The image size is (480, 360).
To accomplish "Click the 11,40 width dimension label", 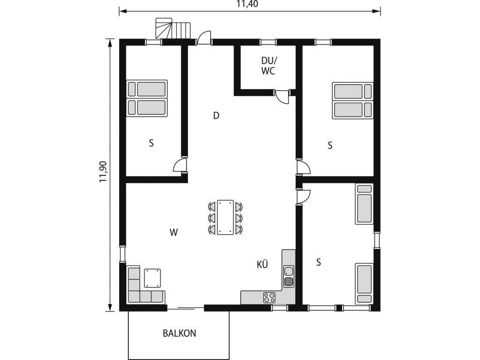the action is coord(249,4).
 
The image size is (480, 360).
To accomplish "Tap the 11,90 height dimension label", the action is coord(103,172).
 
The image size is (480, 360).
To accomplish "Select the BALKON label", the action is coord(180,333).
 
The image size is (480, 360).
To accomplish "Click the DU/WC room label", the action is coord(268,66).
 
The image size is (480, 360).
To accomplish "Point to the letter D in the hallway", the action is coord(217,116).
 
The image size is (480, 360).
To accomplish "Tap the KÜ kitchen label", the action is coord(262,264).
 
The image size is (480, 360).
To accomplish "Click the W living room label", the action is coord(173,232).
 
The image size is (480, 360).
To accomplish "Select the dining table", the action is coord(225,217).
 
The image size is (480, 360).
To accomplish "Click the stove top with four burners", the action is coord(270,297).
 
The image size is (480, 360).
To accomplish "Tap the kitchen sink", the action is coord(289,277).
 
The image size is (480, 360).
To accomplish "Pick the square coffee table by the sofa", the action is coord(152,278).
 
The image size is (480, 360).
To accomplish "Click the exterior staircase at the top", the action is coord(173,28).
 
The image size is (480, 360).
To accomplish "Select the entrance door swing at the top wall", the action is coord(204,37).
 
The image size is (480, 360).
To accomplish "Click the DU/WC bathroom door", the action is coord(282,97).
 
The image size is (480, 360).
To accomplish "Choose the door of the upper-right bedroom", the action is coord(303,167).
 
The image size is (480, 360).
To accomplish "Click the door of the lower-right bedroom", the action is coord(303,196).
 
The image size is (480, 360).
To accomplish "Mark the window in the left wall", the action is coord(122,254).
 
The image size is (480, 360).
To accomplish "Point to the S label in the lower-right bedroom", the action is coord(319,262).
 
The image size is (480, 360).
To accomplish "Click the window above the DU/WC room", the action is coord(268,42).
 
